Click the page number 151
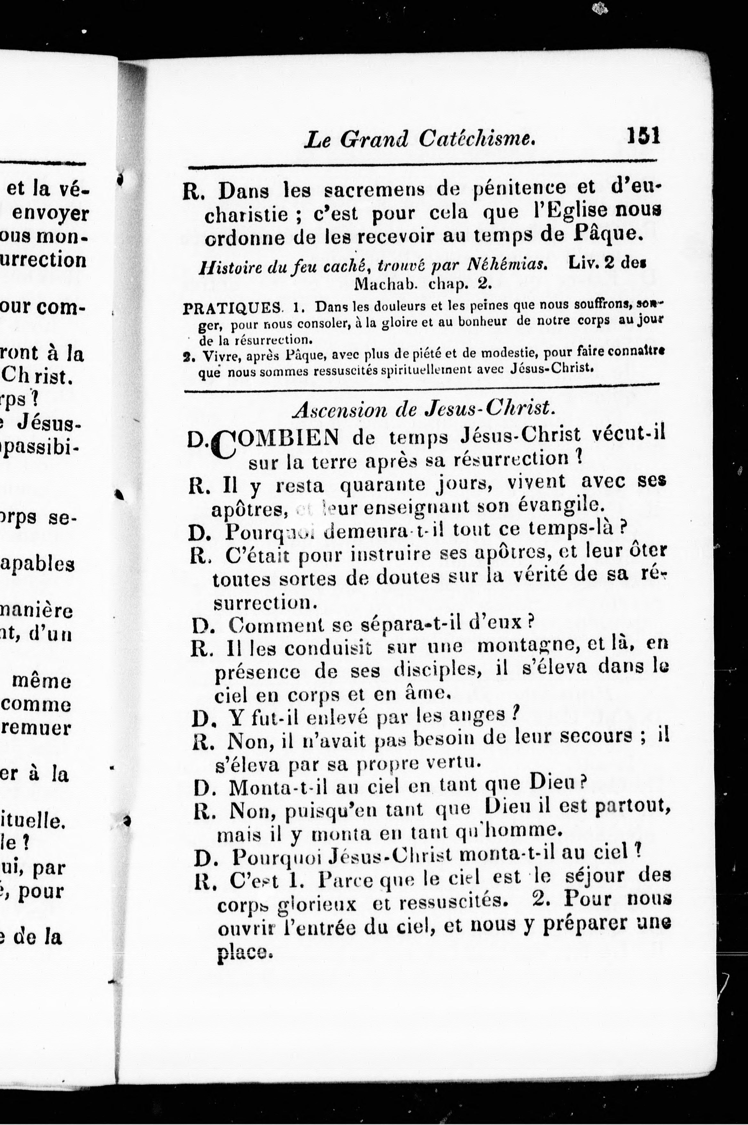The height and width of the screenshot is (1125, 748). click(644, 135)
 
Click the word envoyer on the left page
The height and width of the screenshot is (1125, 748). click(50, 213)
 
